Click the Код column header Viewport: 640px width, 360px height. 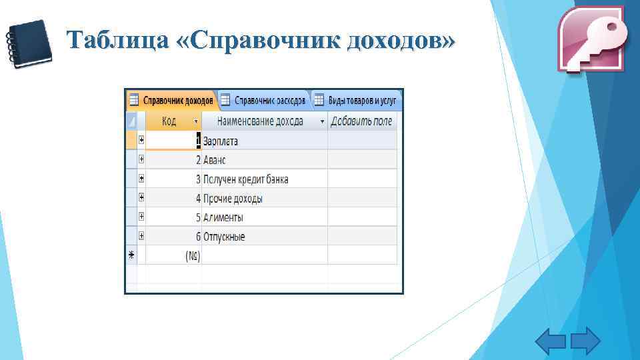169,121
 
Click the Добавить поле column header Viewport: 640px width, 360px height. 362,121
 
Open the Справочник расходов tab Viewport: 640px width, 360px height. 263,100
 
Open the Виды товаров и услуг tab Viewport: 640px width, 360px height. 357,100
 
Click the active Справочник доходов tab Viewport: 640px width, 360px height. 172,100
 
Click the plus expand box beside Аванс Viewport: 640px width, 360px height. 142,159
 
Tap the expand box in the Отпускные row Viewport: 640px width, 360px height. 142,236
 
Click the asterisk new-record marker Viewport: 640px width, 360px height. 131,255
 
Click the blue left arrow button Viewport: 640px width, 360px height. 551,341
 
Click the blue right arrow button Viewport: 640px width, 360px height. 585,341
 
